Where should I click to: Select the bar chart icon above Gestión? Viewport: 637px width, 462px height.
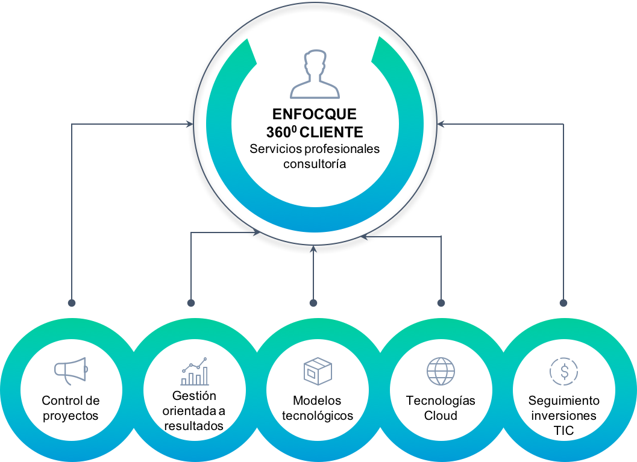(x=195, y=371)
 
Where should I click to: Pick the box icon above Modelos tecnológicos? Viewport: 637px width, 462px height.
(x=318, y=371)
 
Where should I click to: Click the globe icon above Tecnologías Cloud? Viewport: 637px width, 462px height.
(x=441, y=371)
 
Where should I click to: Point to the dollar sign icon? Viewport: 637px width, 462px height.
(x=564, y=372)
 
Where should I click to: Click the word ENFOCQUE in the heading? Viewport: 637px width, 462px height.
(x=315, y=114)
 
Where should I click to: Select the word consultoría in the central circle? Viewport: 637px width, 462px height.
(x=315, y=164)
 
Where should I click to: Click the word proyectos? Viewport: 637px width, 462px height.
(x=71, y=416)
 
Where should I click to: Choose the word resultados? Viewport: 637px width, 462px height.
(x=194, y=425)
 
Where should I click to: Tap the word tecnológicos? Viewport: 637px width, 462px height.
(x=318, y=416)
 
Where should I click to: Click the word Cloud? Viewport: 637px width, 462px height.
(x=441, y=416)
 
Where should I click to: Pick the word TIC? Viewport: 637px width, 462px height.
(x=564, y=431)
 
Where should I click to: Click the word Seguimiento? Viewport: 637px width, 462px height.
(x=564, y=401)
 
